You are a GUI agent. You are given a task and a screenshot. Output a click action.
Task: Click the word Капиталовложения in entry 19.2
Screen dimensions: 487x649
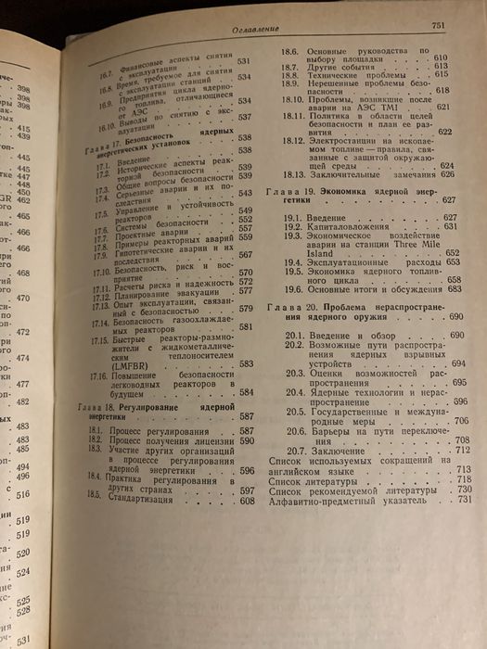(x=352, y=226)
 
